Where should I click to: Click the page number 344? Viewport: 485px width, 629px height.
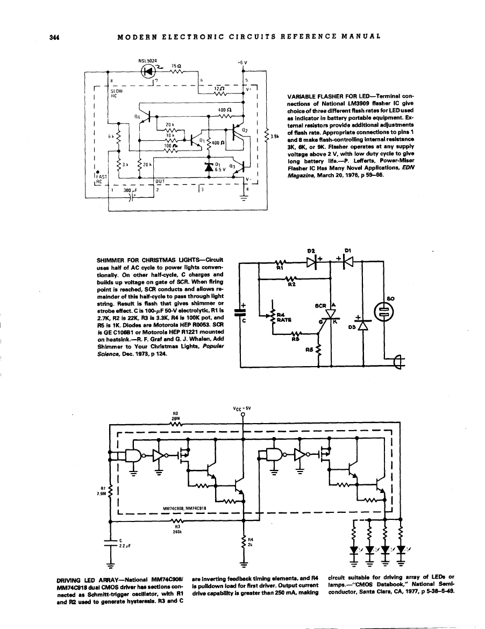coord(53,37)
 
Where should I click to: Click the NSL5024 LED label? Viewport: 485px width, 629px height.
coord(147,61)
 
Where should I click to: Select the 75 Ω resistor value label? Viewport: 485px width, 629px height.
coord(175,66)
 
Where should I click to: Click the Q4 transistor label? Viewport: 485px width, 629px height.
coord(138,116)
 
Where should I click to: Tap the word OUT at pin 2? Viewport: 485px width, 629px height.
coord(160,181)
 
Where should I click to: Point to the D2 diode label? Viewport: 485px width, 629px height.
coord(310,250)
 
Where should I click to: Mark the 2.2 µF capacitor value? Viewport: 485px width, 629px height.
coord(125,545)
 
